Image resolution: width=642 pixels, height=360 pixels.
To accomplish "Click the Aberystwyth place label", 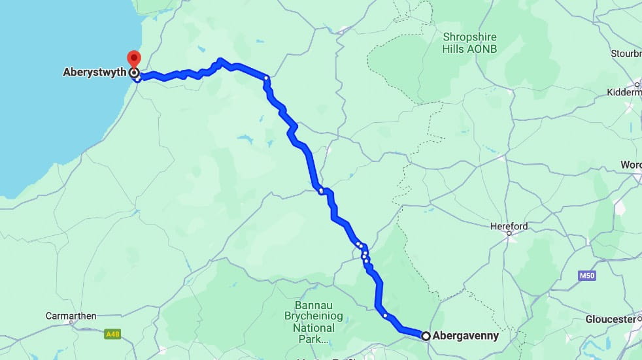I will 94,73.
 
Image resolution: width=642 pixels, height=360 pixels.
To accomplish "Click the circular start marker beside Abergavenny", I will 426,336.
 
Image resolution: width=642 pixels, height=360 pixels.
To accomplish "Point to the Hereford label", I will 509,227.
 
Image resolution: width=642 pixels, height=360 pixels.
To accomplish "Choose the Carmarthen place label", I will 71,316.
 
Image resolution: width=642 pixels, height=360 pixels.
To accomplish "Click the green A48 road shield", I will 113,335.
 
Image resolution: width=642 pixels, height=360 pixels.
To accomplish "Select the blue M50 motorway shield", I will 587,276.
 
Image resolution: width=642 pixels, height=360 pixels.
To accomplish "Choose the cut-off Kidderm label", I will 625,93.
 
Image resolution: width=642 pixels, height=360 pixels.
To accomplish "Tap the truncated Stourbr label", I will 626,53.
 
